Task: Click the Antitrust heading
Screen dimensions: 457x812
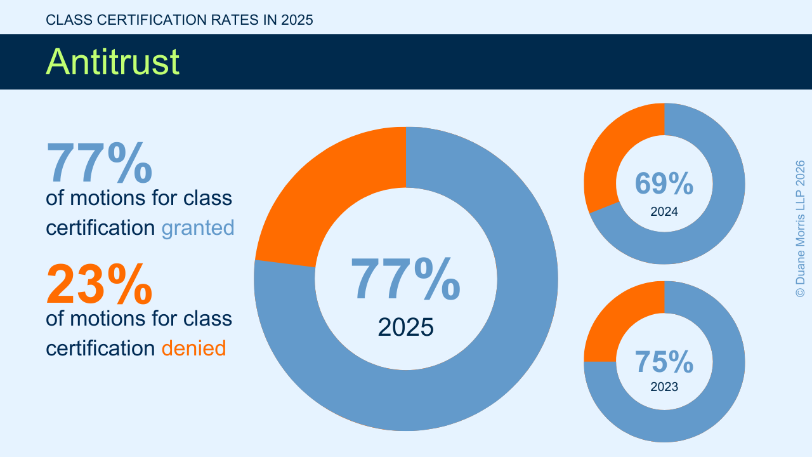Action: click(x=113, y=62)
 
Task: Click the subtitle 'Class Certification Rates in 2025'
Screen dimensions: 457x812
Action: click(x=180, y=20)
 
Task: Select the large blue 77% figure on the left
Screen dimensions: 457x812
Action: click(x=99, y=163)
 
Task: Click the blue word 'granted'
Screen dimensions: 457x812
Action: click(x=198, y=227)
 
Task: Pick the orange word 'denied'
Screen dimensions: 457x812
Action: click(x=193, y=348)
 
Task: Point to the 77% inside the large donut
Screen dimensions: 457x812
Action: click(x=405, y=279)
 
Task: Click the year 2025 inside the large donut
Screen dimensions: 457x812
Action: click(x=405, y=327)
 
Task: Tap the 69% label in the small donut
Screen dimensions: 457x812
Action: click(x=664, y=184)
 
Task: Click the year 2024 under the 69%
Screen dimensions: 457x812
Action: click(x=664, y=212)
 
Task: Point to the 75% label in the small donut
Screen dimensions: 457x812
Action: click(x=664, y=362)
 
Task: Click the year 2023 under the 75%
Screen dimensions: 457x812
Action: click(x=664, y=387)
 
